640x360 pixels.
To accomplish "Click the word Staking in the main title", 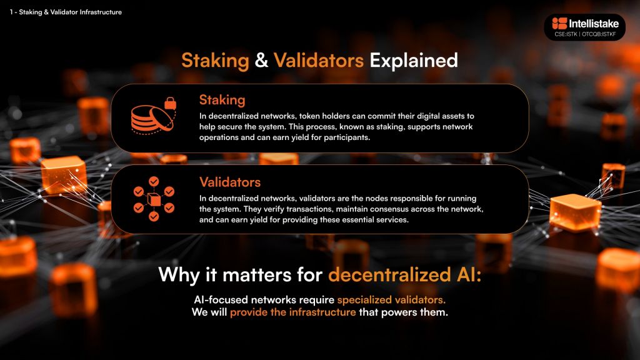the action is click(215, 61).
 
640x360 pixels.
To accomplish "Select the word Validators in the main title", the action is click(319, 61).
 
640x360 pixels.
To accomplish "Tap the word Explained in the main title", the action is click(414, 61).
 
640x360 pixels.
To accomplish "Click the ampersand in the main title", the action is click(262, 61).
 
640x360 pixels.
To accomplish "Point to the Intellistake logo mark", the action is click(559, 23).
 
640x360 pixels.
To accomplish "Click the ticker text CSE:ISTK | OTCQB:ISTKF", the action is click(585, 34).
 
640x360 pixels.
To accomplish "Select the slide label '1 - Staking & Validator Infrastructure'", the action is click(66, 12).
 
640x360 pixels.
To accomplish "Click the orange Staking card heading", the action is click(222, 100).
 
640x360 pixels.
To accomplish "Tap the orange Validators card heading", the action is click(230, 182).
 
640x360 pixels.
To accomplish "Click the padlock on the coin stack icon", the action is click(170, 103).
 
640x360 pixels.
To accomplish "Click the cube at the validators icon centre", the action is click(154, 199).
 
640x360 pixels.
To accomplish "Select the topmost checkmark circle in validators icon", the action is click(154, 181).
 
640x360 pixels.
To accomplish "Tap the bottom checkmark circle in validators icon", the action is click(154, 216).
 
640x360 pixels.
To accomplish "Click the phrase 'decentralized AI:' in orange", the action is click(405, 275).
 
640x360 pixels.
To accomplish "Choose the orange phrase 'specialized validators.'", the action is click(391, 299).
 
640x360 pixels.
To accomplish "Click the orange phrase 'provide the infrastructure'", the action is click(293, 312).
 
